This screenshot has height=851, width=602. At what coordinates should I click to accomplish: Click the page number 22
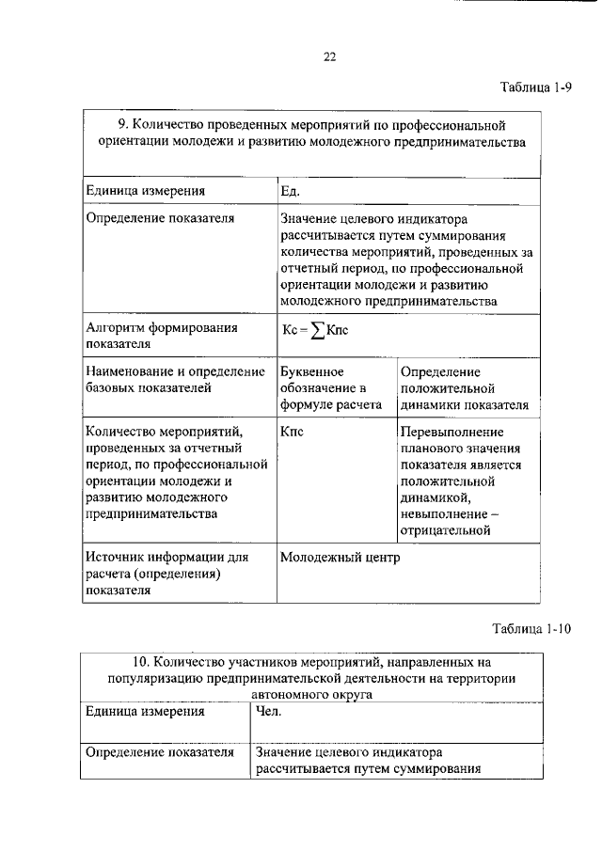point(330,56)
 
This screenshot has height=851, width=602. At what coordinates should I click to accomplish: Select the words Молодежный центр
point(340,557)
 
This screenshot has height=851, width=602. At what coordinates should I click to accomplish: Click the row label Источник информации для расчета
point(166,574)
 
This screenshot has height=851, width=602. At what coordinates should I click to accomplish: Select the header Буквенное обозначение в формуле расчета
point(330,388)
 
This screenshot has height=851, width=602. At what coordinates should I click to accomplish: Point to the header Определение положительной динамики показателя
point(464,388)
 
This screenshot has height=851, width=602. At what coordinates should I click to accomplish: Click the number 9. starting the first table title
point(123,124)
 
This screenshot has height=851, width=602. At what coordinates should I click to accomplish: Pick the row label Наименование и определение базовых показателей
point(162,379)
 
